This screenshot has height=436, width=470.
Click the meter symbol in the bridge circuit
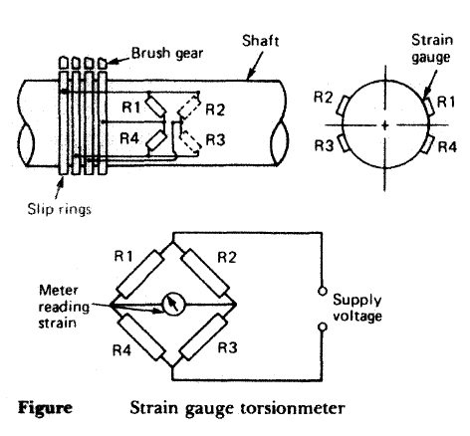point(173,304)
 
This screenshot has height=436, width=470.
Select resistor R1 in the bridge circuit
point(140,274)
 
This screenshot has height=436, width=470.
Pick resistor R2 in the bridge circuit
point(205,273)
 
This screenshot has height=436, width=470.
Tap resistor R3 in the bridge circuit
point(203,336)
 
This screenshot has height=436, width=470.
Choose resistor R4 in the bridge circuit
point(142,336)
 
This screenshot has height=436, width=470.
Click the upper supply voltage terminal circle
point(322,291)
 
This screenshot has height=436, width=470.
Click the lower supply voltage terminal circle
point(322,327)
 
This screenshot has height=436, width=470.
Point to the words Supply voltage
point(357,308)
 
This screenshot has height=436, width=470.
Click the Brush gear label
point(167,54)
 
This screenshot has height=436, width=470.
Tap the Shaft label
point(261,41)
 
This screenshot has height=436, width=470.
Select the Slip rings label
point(59,209)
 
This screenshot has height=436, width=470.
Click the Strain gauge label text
point(432,49)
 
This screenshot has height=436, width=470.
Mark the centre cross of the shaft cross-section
point(385,125)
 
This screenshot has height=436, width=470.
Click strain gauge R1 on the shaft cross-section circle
point(428,106)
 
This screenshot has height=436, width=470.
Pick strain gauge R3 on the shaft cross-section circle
point(343,144)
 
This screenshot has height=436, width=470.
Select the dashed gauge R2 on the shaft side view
point(189,106)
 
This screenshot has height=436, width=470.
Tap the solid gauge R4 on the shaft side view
point(156,140)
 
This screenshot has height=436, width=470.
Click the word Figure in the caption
point(45,408)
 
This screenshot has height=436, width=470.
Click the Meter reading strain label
point(64,307)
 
